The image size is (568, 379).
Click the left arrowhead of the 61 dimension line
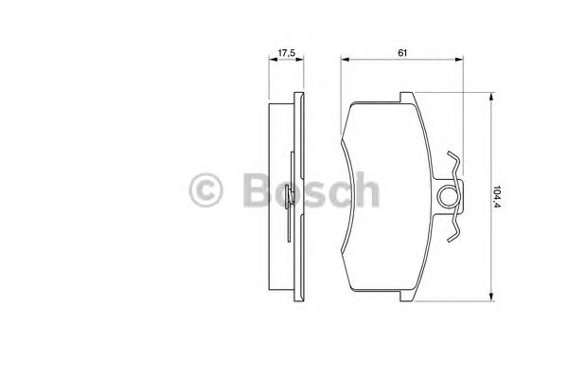pos(344,61)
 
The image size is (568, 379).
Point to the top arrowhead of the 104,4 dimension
pos(490,97)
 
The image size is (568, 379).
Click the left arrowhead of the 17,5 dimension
pos(270,61)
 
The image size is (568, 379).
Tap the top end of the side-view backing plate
pos(300,95)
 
